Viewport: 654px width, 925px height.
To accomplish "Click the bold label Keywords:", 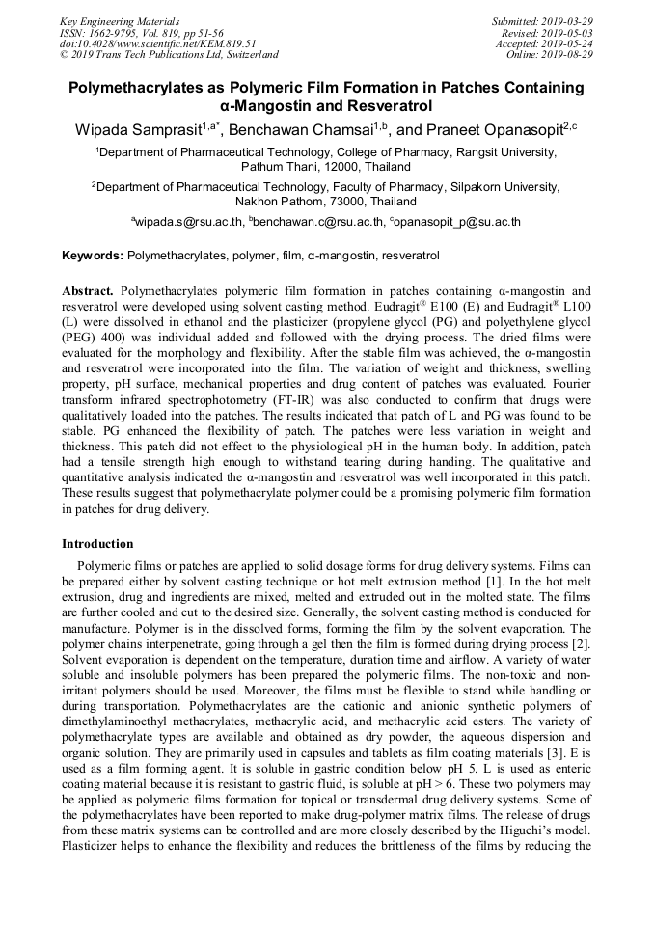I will [x=92, y=257].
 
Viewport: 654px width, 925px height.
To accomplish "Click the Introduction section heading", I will [x=97, y=544].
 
